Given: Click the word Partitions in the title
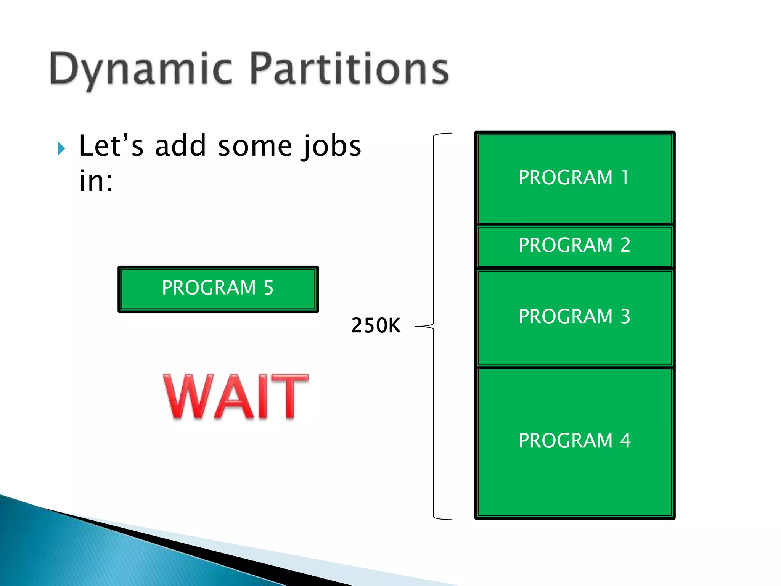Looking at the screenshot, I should (349, 69).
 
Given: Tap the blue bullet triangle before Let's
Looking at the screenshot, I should (61, 148).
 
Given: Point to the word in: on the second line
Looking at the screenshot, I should (96, 181).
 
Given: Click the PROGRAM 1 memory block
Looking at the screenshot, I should (574, 178).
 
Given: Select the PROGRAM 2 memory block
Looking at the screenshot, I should (574, 246).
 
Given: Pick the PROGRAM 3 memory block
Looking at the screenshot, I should (574, 317).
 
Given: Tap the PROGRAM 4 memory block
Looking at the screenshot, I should (574, 441).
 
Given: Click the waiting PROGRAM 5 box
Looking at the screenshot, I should (218, 289).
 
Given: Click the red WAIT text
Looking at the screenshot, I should (236, 397).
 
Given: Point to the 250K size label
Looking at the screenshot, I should (376, 326).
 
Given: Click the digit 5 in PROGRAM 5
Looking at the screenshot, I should (269, 288).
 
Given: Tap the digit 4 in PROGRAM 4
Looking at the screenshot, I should (625, 441).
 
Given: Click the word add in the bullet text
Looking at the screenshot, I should (180, 146).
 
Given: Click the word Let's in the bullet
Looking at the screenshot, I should (111, 146).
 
